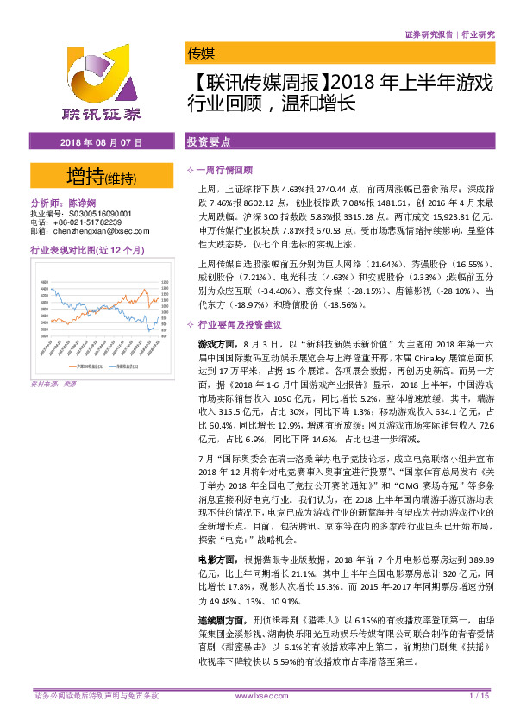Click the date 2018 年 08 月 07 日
(101, 141)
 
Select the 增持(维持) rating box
(101, 178)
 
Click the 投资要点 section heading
(209, 141)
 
